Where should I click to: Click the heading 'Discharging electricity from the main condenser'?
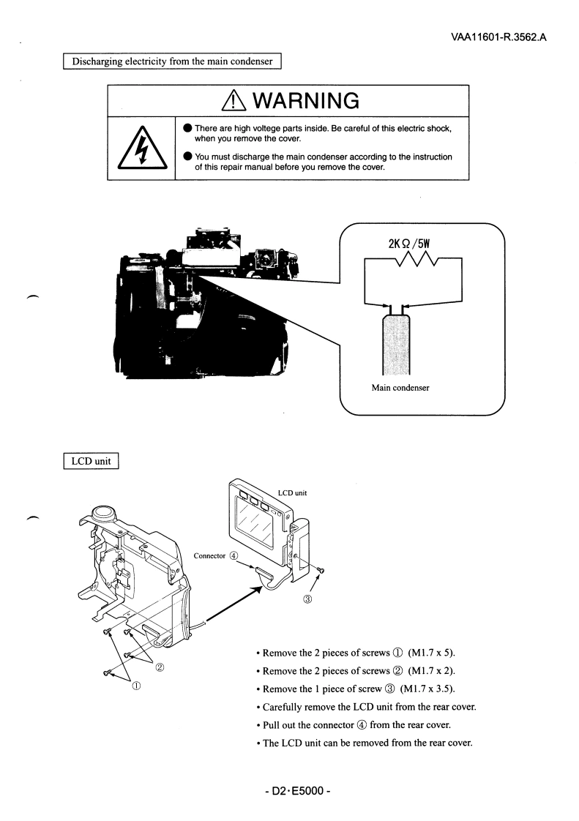click(172, 61)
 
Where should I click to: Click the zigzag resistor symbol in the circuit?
click(414, 258)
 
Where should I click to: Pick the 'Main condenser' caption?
click(400, 387)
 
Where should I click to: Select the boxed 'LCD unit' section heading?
click(91, 462)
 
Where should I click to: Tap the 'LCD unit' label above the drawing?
click(292, 492)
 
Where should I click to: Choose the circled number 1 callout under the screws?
click(136, 686)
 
